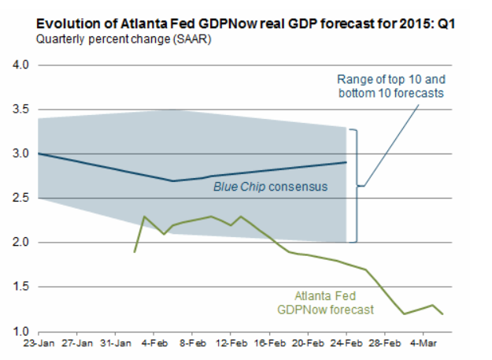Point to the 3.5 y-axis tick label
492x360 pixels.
click(x=17, y=109)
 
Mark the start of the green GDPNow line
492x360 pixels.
click(x=135, y=252)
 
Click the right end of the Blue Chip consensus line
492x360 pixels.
click(x=346, y=162)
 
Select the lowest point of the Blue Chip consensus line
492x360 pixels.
click(x=173, y=180)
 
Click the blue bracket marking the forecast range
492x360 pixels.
click(x=356, y=185)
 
